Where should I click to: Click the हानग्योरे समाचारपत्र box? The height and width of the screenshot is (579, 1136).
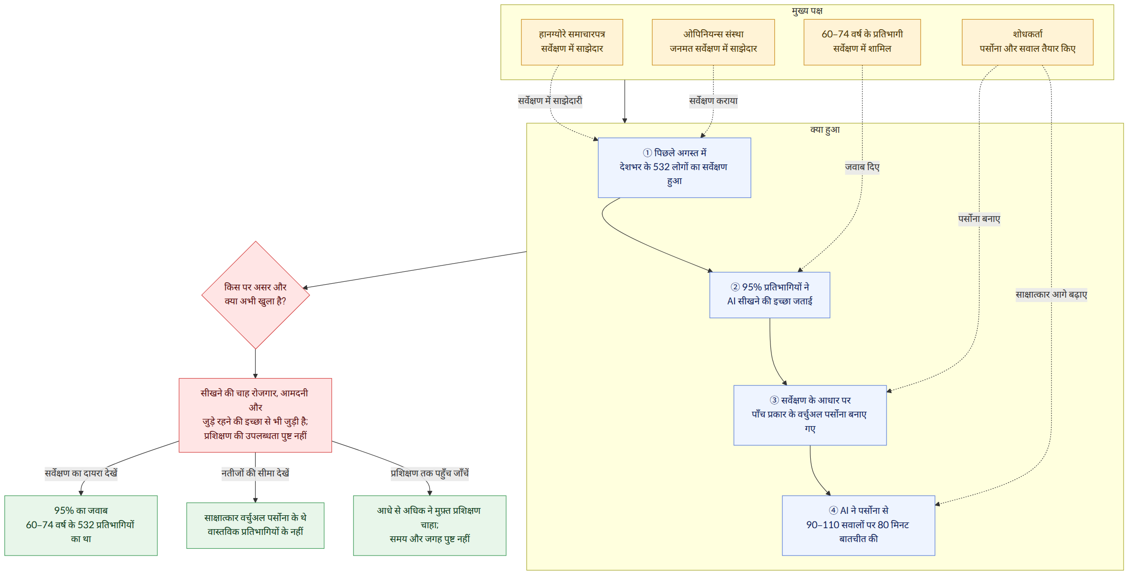[x=572, y=42]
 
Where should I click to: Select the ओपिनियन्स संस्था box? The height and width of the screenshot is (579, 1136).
[x=713, y=42]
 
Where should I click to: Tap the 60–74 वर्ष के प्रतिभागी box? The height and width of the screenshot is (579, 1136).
[x=862, y=42]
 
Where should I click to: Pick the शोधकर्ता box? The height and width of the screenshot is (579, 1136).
[x=1028, y=42]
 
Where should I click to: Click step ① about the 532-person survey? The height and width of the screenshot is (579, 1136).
[x=674, y=168]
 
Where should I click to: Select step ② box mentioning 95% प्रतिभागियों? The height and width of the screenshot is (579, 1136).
[x=770, y=295]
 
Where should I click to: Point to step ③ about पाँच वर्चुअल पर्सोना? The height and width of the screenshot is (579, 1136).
[x=810, y=415]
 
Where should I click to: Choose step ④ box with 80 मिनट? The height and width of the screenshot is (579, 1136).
[x=859, y=525]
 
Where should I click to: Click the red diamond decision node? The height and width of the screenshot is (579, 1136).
[x=256, y=295]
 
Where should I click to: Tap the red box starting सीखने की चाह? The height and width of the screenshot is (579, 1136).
[x=255, y=415]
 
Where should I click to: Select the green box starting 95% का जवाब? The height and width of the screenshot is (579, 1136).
[x=81, y=525]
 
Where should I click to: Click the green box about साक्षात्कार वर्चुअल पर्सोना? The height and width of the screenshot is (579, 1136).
[x=255, y=525]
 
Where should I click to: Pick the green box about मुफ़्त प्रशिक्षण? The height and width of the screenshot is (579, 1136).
[x=430, y=525]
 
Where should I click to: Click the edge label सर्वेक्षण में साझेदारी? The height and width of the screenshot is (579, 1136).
[x=550, y=101]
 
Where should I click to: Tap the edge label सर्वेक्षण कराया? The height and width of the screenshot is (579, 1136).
[x=713, y=101]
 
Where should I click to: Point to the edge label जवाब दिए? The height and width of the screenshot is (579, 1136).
[x=862, y=167]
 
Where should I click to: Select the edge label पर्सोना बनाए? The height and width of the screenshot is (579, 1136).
[x=979, y=219]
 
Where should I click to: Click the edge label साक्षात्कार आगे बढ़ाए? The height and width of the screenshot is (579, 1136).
[x=1051, y=295]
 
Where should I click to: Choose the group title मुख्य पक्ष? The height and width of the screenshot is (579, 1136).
[x=807, y=11]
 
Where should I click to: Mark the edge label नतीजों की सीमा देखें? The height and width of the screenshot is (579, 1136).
[x=255, y=474]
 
